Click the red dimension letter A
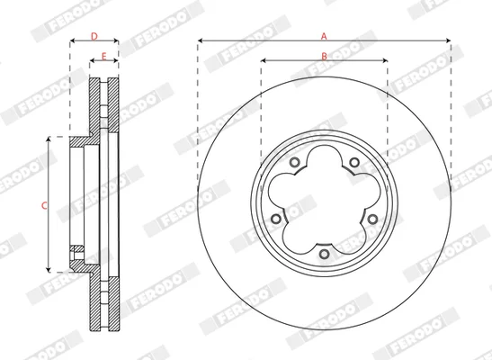coord(324,36)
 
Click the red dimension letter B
coord(324,56)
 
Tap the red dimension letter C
coord(44,205)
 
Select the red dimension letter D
coord(94,36)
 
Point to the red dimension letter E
coord(103,57)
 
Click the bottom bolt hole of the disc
coord(324,254)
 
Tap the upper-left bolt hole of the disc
coord(294,163)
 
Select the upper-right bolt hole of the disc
coord(354,163)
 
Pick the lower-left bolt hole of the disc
coord(276,219)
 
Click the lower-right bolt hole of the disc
coord(372,219)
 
